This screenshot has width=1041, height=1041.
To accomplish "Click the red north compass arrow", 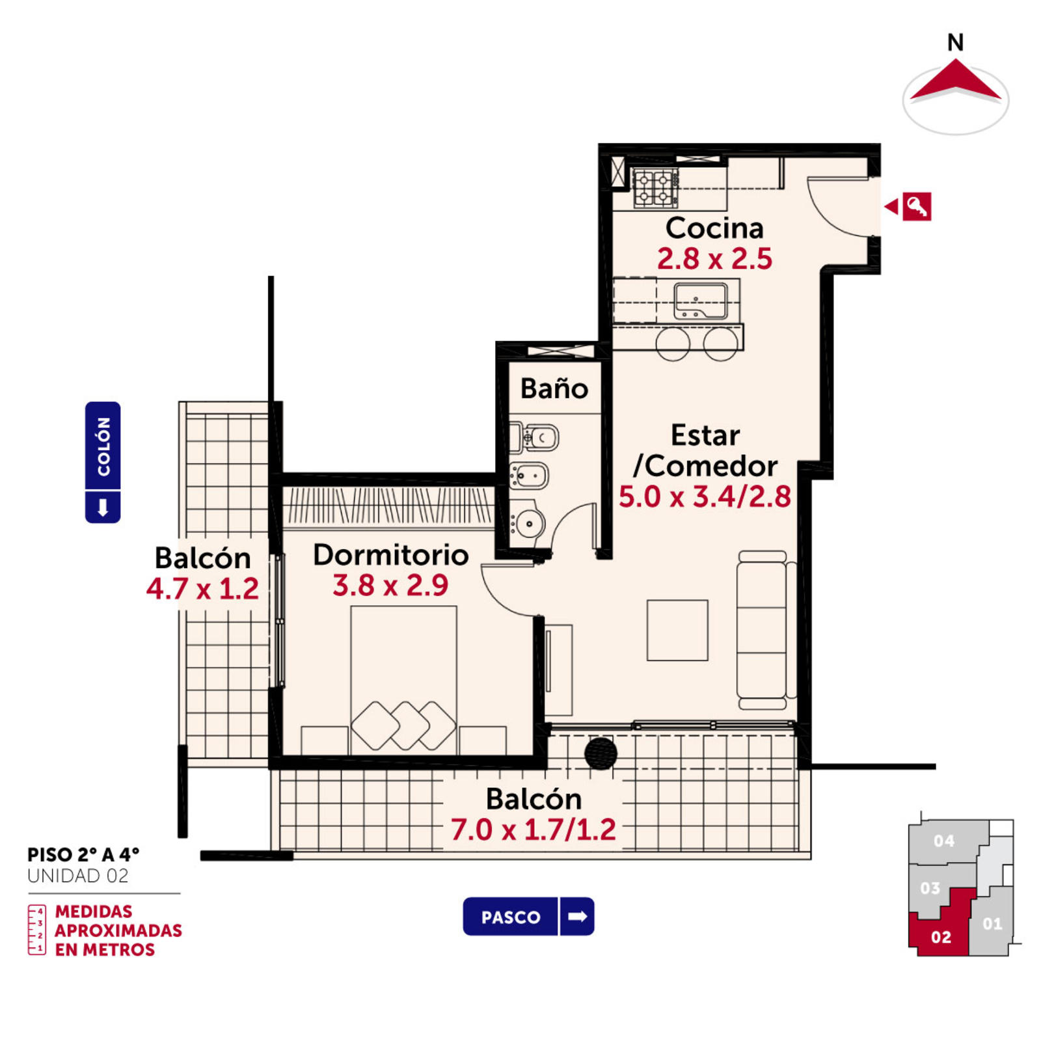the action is click(955, 81).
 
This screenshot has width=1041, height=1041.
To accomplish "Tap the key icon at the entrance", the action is click(917, 206).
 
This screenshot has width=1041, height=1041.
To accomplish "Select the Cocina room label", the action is click(714, 228).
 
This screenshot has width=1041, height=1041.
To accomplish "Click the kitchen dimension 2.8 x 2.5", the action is click(714, 258).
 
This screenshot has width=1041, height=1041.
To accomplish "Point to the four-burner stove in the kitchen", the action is click(656, 188).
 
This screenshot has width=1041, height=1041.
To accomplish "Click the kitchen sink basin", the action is click(701, 301).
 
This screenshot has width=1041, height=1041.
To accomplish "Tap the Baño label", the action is click(554, 388).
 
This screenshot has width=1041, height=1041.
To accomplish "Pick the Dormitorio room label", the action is click(390, 554).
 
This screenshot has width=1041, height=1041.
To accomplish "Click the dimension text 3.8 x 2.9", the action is click(390, 586).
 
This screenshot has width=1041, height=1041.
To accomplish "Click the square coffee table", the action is click(677, 630).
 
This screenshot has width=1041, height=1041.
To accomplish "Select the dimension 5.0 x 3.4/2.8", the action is click(705, 496).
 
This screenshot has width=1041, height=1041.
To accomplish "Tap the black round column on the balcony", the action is click(601, 753).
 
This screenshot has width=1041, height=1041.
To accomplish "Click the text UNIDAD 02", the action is click(78, 876).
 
